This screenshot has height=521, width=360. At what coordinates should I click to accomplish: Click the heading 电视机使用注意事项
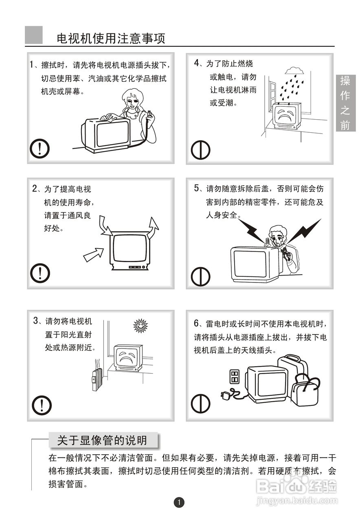[111, 38]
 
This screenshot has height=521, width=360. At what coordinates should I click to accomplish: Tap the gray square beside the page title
[34, 35]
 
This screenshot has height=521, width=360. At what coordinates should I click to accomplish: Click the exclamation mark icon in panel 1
[40, 149]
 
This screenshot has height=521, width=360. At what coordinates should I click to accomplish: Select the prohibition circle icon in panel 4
[200, 150]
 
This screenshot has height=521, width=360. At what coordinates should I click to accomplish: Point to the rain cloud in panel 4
[294, 70]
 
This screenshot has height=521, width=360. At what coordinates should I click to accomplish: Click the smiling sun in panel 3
[140, 325]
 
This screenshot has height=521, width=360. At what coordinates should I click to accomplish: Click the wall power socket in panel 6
[234, 377]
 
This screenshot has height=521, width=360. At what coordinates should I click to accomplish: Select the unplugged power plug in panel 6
[225, 395]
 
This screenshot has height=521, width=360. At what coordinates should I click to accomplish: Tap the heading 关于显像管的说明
[102, 440]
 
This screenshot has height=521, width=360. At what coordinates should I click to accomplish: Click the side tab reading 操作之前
[346, 103]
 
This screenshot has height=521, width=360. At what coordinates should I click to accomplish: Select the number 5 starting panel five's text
[197, 188]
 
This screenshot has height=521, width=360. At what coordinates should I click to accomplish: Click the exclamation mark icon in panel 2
[40, 273]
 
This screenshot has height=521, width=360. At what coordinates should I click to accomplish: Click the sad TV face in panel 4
[285, 115]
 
